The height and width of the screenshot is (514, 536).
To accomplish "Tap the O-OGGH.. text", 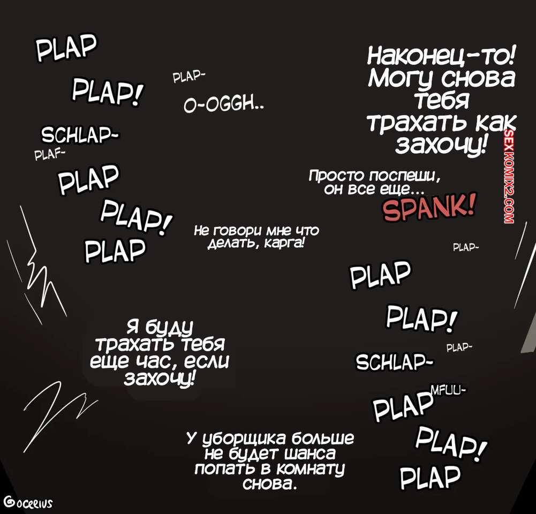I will [x=224, y=105].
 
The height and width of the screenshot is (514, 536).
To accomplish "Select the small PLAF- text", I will [x=50, y=155].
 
